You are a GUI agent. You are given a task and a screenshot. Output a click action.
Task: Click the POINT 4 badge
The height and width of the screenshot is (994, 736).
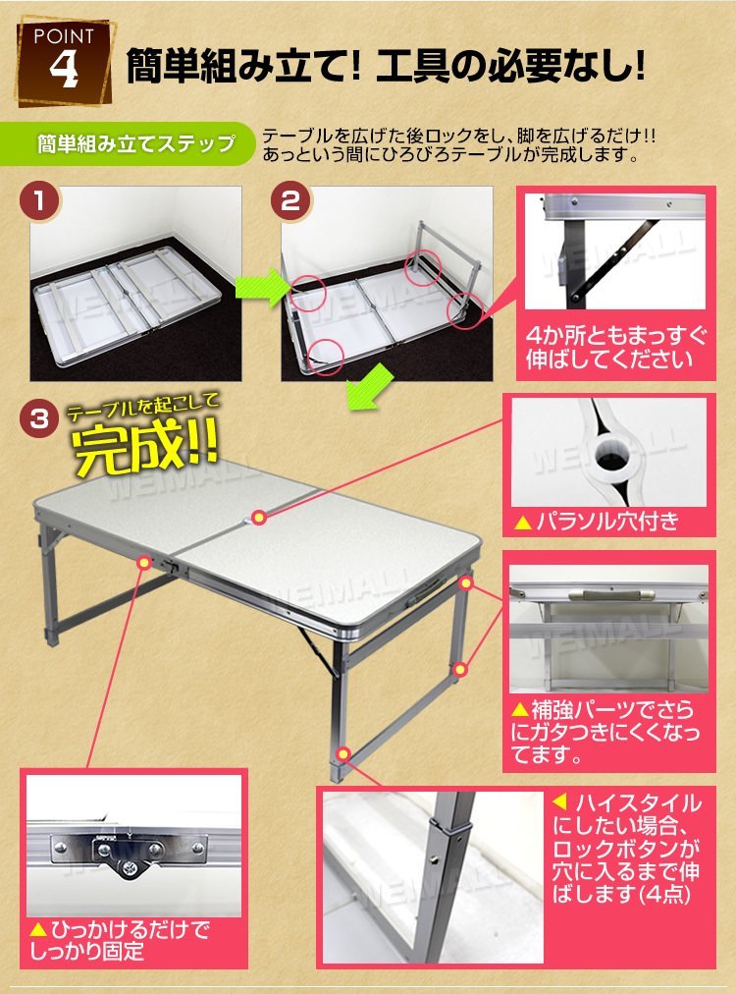(64, 65)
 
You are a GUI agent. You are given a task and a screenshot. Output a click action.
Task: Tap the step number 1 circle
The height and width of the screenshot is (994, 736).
(40, 201)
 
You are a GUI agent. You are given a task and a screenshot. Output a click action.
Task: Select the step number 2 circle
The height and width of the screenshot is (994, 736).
(290, 201)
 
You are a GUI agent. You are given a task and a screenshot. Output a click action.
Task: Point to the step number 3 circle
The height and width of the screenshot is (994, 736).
(39, 419)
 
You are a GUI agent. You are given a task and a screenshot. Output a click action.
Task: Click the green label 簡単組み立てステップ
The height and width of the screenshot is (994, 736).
(135, 144)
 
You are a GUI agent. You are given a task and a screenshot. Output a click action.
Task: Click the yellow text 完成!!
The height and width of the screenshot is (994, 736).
(144, 446)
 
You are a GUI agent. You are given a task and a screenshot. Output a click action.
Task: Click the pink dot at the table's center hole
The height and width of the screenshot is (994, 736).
(258, 518)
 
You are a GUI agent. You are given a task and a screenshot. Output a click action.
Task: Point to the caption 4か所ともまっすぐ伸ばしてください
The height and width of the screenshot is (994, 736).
(615, 348)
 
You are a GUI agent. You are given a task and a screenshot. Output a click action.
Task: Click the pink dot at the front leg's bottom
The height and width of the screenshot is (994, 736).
(343, 753)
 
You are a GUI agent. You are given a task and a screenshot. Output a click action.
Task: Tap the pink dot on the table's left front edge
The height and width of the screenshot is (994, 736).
(145, 562)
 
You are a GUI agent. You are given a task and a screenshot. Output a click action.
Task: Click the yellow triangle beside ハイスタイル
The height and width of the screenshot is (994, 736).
(559, 803)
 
